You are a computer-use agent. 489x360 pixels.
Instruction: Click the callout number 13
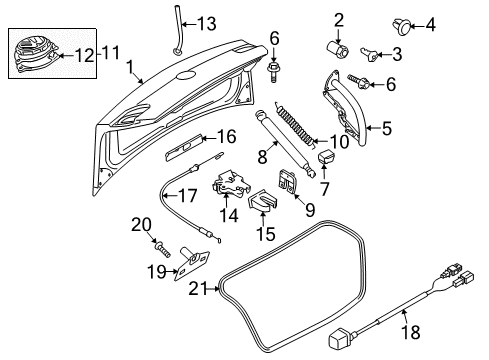coord(207,24)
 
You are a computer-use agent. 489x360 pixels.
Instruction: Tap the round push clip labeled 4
coord(402,27)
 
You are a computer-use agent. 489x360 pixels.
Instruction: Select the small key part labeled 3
coord(369,55)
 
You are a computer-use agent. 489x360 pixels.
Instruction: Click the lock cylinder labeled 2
coord(337,50)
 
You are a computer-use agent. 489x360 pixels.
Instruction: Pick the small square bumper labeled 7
coord(326,156)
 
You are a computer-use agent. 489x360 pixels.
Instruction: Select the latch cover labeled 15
coord(263,201)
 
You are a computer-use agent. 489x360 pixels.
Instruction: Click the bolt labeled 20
coord(163,250)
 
